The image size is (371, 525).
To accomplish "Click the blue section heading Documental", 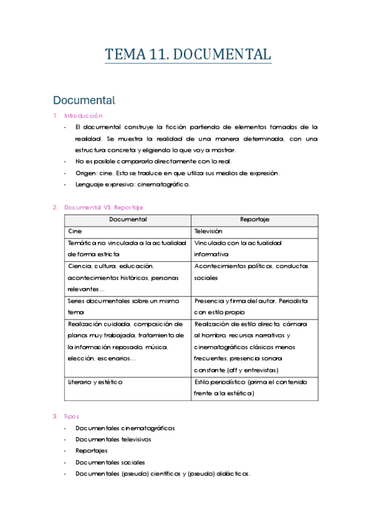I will [84, 100].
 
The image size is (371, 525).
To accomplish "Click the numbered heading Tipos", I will [71, 417].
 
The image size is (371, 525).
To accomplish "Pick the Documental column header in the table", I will [128, 219].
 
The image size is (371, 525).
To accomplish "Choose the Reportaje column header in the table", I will [254, 219].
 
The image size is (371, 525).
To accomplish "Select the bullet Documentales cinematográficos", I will [125, 428].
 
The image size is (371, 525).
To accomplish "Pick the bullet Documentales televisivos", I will [113, 440].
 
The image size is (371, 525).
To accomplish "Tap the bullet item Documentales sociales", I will [110, 462].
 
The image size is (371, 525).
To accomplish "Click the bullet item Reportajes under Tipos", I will [91, 451].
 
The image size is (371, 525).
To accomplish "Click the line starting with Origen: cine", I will [177, 173].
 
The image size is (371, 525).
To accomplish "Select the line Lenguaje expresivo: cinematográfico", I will [133, 184].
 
